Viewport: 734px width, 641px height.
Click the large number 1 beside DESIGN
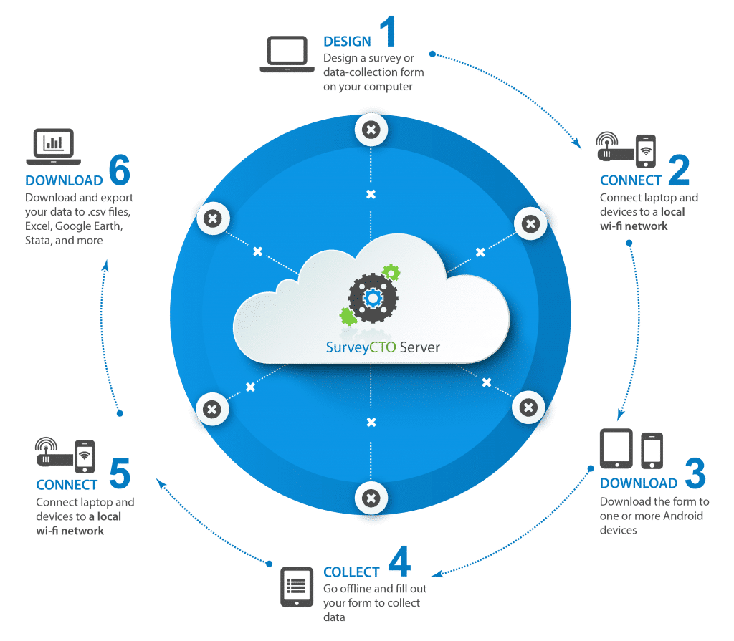389,31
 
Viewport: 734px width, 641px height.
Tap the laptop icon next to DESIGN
287,54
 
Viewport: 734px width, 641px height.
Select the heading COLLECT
351,572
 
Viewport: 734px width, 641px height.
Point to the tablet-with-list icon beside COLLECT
297,587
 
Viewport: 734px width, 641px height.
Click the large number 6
120,169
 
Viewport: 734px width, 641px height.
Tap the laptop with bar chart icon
53,146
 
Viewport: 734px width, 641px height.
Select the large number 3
695,473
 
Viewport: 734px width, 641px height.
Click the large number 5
120,473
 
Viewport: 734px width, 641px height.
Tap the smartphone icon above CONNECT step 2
646,150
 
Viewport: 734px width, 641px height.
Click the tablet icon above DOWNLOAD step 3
616,448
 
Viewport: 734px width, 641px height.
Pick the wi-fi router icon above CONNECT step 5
53,451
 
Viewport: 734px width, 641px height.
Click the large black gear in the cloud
373,298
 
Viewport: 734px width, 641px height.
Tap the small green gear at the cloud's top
391,272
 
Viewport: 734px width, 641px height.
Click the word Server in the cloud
420,347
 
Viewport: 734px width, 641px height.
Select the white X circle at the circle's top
371,130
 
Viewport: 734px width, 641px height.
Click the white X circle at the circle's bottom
371,498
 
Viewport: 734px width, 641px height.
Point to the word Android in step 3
683,516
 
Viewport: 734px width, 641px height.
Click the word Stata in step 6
37,241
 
